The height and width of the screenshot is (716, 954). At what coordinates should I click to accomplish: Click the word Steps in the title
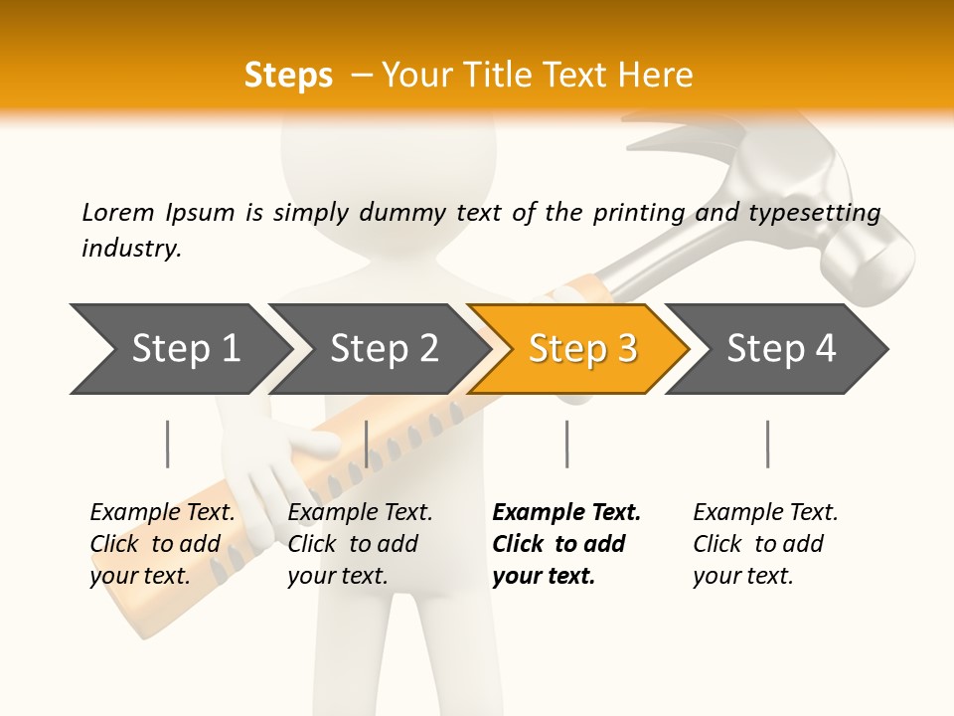(x=288, y=76)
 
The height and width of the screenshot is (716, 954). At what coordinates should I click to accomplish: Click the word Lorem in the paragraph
(x=117, y=213)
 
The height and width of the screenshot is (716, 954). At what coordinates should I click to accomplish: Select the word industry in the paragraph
(x=130, y=249)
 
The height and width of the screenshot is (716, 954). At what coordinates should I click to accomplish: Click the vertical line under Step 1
(x=167, y=444)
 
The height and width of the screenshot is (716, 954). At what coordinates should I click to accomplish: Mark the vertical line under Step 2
(x=367, y=444)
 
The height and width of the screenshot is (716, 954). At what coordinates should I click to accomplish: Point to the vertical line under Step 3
(x=566, y=444)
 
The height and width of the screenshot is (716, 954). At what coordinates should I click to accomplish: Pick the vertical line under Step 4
(x=767, y=444)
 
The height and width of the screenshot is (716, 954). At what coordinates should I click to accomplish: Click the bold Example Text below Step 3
(x=566, y=513)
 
